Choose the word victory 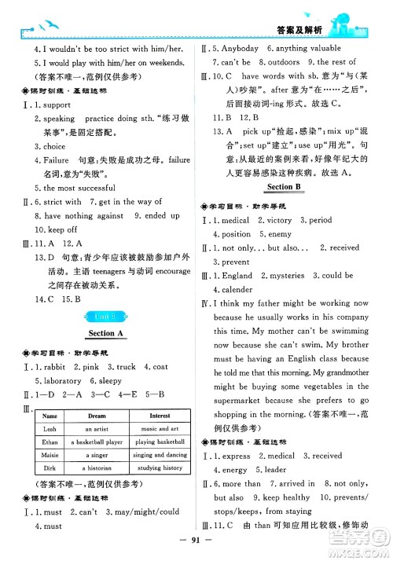pos(279,220)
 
